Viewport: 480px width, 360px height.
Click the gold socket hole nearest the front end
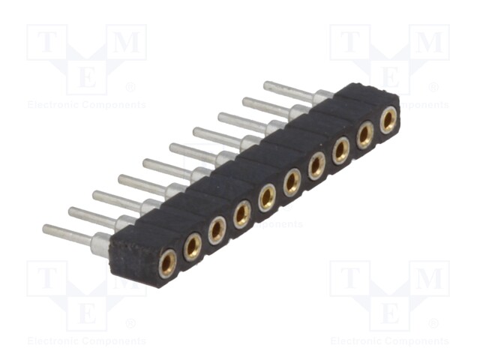[x=167, y=263]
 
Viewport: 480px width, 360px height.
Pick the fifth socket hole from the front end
[x=267, y=198]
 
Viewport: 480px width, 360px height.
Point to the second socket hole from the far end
[x=364, y=135]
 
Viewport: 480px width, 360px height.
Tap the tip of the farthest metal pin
[x=265, y=85]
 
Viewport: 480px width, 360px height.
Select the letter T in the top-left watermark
[x=46, y=42]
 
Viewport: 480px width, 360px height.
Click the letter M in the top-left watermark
[x=127, y=42]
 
